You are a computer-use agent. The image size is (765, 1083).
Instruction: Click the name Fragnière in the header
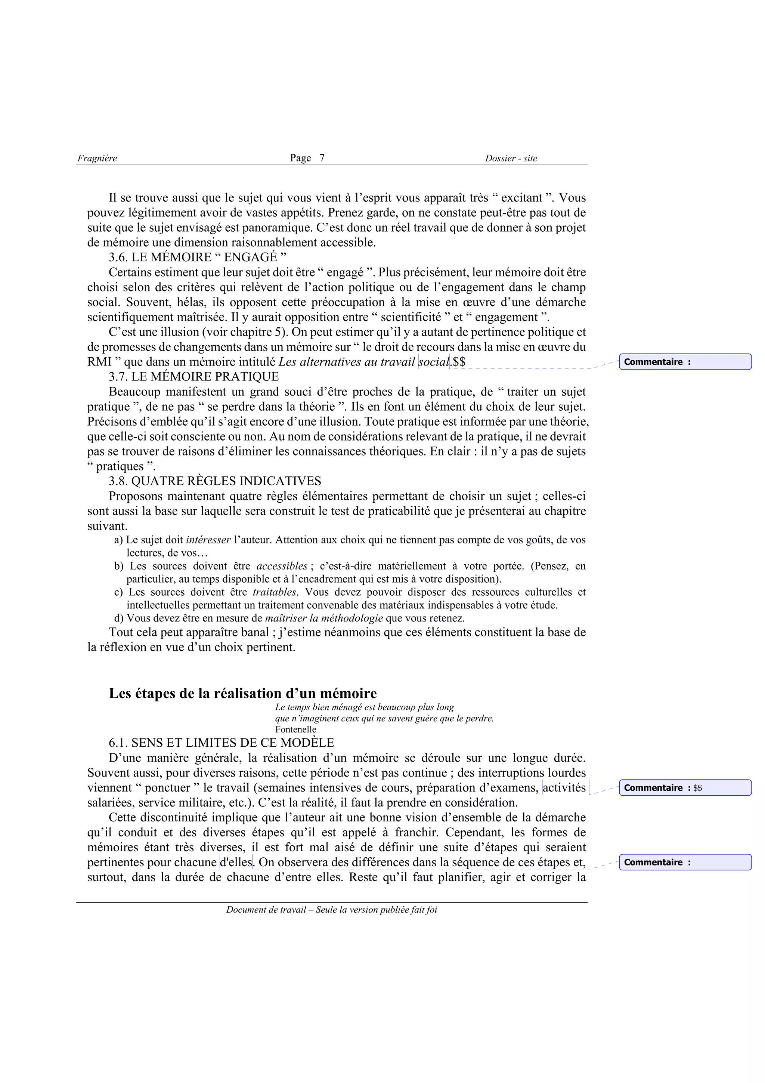(97, 158)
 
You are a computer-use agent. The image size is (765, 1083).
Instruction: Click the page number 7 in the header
(322, 158)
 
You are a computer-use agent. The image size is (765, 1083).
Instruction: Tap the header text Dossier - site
(511, 158)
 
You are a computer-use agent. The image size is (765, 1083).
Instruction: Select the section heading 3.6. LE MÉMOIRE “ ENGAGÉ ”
(198, 257)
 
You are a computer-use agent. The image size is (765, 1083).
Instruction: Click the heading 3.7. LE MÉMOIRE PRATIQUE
(194, 377)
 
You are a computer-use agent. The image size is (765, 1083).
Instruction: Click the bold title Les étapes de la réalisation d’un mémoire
(243, 693)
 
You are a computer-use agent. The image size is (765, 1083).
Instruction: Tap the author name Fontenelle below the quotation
(295, 730)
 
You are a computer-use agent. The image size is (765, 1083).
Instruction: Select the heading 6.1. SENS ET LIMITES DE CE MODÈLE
(221, 743)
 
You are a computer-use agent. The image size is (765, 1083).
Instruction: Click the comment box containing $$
(685, 788)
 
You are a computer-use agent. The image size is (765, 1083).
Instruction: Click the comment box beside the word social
(685, 362)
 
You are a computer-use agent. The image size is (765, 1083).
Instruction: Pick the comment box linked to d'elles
(685, 862)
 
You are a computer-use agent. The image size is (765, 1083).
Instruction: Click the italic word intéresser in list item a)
(208, 540)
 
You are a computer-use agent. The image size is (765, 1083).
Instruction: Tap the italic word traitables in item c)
(275, 592)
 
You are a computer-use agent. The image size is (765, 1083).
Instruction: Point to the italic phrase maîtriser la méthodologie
(324, 618)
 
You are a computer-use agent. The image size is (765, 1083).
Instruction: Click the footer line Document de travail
(331, 910)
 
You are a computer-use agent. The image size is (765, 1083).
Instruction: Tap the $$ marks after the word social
(459, 362)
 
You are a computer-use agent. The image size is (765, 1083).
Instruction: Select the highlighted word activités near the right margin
(564, 788)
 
